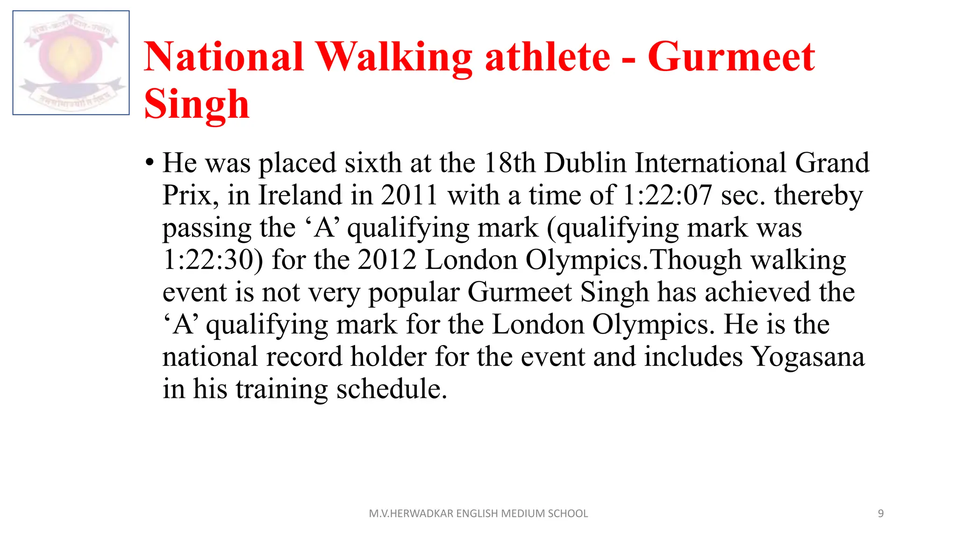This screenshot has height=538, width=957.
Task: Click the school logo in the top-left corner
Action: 71,63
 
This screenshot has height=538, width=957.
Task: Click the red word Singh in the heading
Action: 197,105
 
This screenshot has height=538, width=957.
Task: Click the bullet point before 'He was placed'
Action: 150,163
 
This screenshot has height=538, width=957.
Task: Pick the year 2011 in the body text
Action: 409,195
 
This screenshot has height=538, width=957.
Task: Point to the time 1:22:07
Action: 668,195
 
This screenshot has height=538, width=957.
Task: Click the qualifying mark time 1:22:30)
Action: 213,260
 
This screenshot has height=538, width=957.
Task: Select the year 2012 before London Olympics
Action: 387,260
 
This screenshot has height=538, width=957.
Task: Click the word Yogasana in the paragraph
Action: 807,357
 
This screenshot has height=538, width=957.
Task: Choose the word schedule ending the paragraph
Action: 392,389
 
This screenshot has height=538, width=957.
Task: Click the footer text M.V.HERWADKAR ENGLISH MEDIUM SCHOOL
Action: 478,514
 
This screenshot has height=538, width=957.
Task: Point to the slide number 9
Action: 880,514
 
